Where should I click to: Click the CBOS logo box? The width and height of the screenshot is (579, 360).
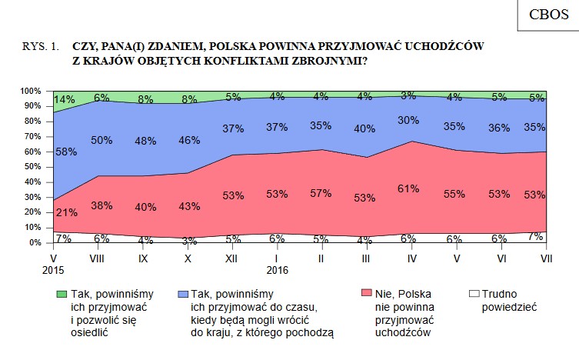(547, 15)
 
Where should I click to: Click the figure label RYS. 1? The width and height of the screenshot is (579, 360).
(41, 47)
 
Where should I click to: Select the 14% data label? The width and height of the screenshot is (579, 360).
(65, 99)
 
